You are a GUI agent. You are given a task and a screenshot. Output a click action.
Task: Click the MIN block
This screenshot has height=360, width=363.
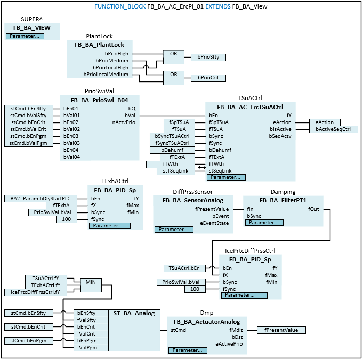click(x=91, y=282)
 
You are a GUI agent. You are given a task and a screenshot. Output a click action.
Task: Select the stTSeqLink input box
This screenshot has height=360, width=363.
click(x=172, y=171)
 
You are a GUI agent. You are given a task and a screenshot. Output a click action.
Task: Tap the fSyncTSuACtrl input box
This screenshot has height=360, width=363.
click(x=172, y=143)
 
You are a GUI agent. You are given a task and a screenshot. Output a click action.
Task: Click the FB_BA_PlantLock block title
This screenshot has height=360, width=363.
click(x=99, y=45)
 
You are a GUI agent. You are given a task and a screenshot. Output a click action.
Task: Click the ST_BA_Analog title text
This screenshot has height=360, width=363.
click(x=135, y=313)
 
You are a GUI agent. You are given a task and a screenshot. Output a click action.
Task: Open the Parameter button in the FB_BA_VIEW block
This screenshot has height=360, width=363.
click(x=25, y=36)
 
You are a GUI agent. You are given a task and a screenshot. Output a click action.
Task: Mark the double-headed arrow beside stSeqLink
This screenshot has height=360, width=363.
click(x=201, y=167)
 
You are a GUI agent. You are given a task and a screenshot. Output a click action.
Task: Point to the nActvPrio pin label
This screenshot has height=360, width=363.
click(x=124, y=122)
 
